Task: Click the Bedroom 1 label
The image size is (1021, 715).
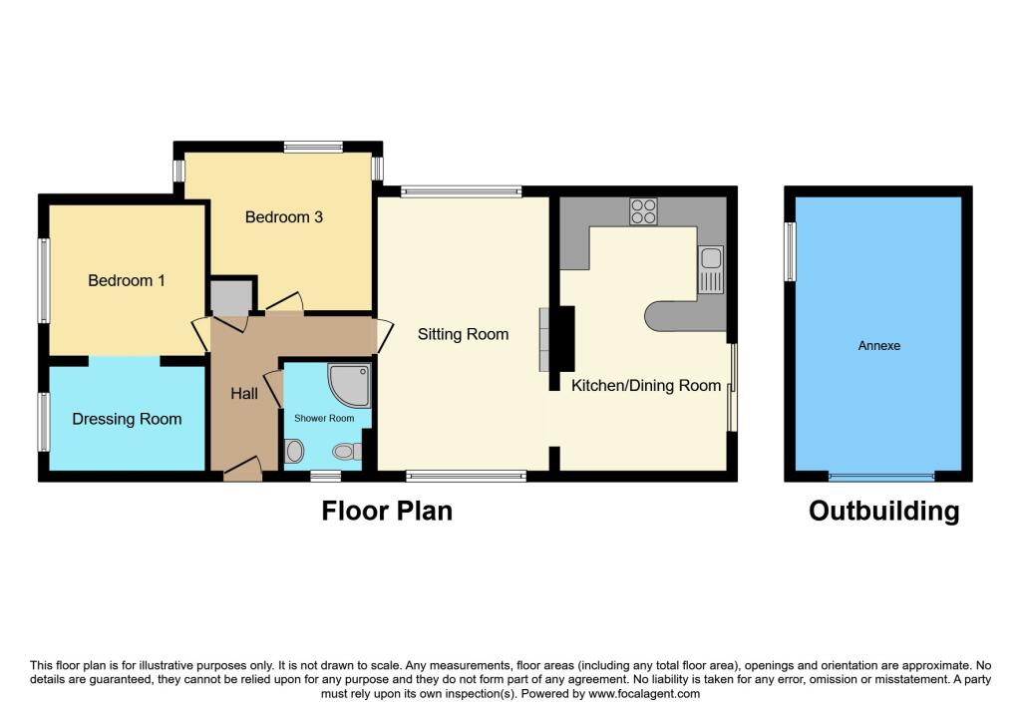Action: [127, 280]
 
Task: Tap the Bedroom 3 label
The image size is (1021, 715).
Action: [284, 216]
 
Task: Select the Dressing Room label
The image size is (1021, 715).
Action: [127, 419]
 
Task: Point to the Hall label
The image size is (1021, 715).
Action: [244, 393]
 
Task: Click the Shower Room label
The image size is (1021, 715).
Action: [324, 418]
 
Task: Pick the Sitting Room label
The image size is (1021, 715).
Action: [463, 334]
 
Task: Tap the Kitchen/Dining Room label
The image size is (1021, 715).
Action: [646, 386]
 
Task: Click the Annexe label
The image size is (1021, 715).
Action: [879, 346]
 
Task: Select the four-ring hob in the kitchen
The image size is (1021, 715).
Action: [643, 211]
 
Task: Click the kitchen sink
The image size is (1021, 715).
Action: [711, 269]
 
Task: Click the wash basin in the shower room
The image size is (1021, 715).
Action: [294, 451]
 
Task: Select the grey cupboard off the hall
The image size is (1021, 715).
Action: [231, 297]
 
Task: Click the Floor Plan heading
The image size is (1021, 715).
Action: [387, 512]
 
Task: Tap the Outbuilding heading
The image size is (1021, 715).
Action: [884, 512]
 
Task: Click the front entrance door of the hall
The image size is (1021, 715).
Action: [242, 469]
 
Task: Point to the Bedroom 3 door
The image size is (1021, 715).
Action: [284, 302]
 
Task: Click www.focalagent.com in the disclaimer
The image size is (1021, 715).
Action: [644, 694]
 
